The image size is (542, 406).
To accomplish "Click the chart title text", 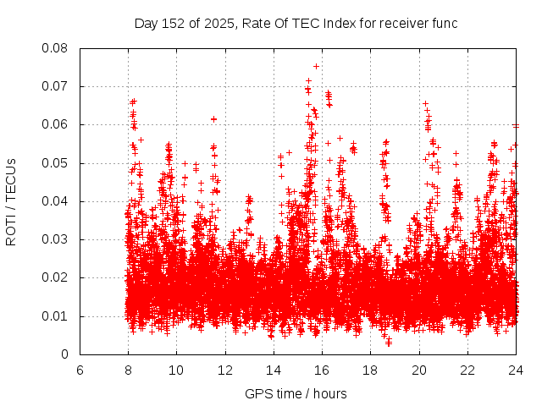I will pos(296,24).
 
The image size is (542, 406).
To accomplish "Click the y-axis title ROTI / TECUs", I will pos(12,201).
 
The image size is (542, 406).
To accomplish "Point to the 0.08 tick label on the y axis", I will pos(56,48).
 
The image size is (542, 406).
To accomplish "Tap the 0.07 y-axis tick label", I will pos(56,86).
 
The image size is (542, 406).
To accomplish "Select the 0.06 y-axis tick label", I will pos(56,124).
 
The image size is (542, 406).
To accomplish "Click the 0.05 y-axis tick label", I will pos(56,163).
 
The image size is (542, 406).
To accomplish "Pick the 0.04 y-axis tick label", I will pos(56,201).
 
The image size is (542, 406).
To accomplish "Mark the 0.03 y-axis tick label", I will pos(56,239).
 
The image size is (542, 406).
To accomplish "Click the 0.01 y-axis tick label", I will pos(56,316).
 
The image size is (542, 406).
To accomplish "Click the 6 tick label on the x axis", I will pos(80,370).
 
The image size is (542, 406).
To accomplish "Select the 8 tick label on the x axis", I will pos(128,370).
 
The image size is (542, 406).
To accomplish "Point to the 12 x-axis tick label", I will pos(225,370).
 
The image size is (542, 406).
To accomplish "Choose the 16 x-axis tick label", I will pos(323,370).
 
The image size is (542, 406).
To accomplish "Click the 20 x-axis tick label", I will pos(420,370).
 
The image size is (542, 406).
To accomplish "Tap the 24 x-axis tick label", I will pos(517,370).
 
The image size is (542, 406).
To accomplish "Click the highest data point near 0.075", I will pos(316,66).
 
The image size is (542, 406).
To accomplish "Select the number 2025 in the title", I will pos(216,24).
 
